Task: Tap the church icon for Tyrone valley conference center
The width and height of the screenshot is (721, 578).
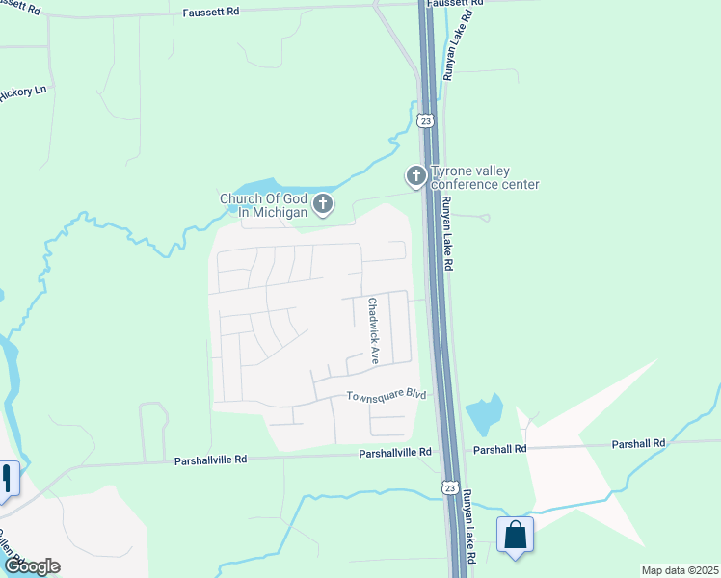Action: click(415, 176)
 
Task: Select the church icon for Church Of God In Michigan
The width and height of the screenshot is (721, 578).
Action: click(323, 204)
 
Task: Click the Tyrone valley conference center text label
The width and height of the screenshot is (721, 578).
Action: click(485, 177)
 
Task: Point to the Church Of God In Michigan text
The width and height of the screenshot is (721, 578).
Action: click(263, 205)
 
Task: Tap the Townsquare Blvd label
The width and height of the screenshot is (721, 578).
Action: click(386, 395)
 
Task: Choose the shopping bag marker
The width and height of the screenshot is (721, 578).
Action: click(516, 535)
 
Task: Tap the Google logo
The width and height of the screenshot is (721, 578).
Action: click(32, 566)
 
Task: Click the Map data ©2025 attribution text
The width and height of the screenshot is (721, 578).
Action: click(680, 570)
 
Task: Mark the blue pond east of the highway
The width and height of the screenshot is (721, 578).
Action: click(483, 415)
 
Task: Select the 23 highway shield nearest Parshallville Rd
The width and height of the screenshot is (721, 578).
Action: click(450, 488)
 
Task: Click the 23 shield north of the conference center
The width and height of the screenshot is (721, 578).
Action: click(425, 120)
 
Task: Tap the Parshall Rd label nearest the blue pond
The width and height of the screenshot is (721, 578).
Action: click(499, 449)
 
